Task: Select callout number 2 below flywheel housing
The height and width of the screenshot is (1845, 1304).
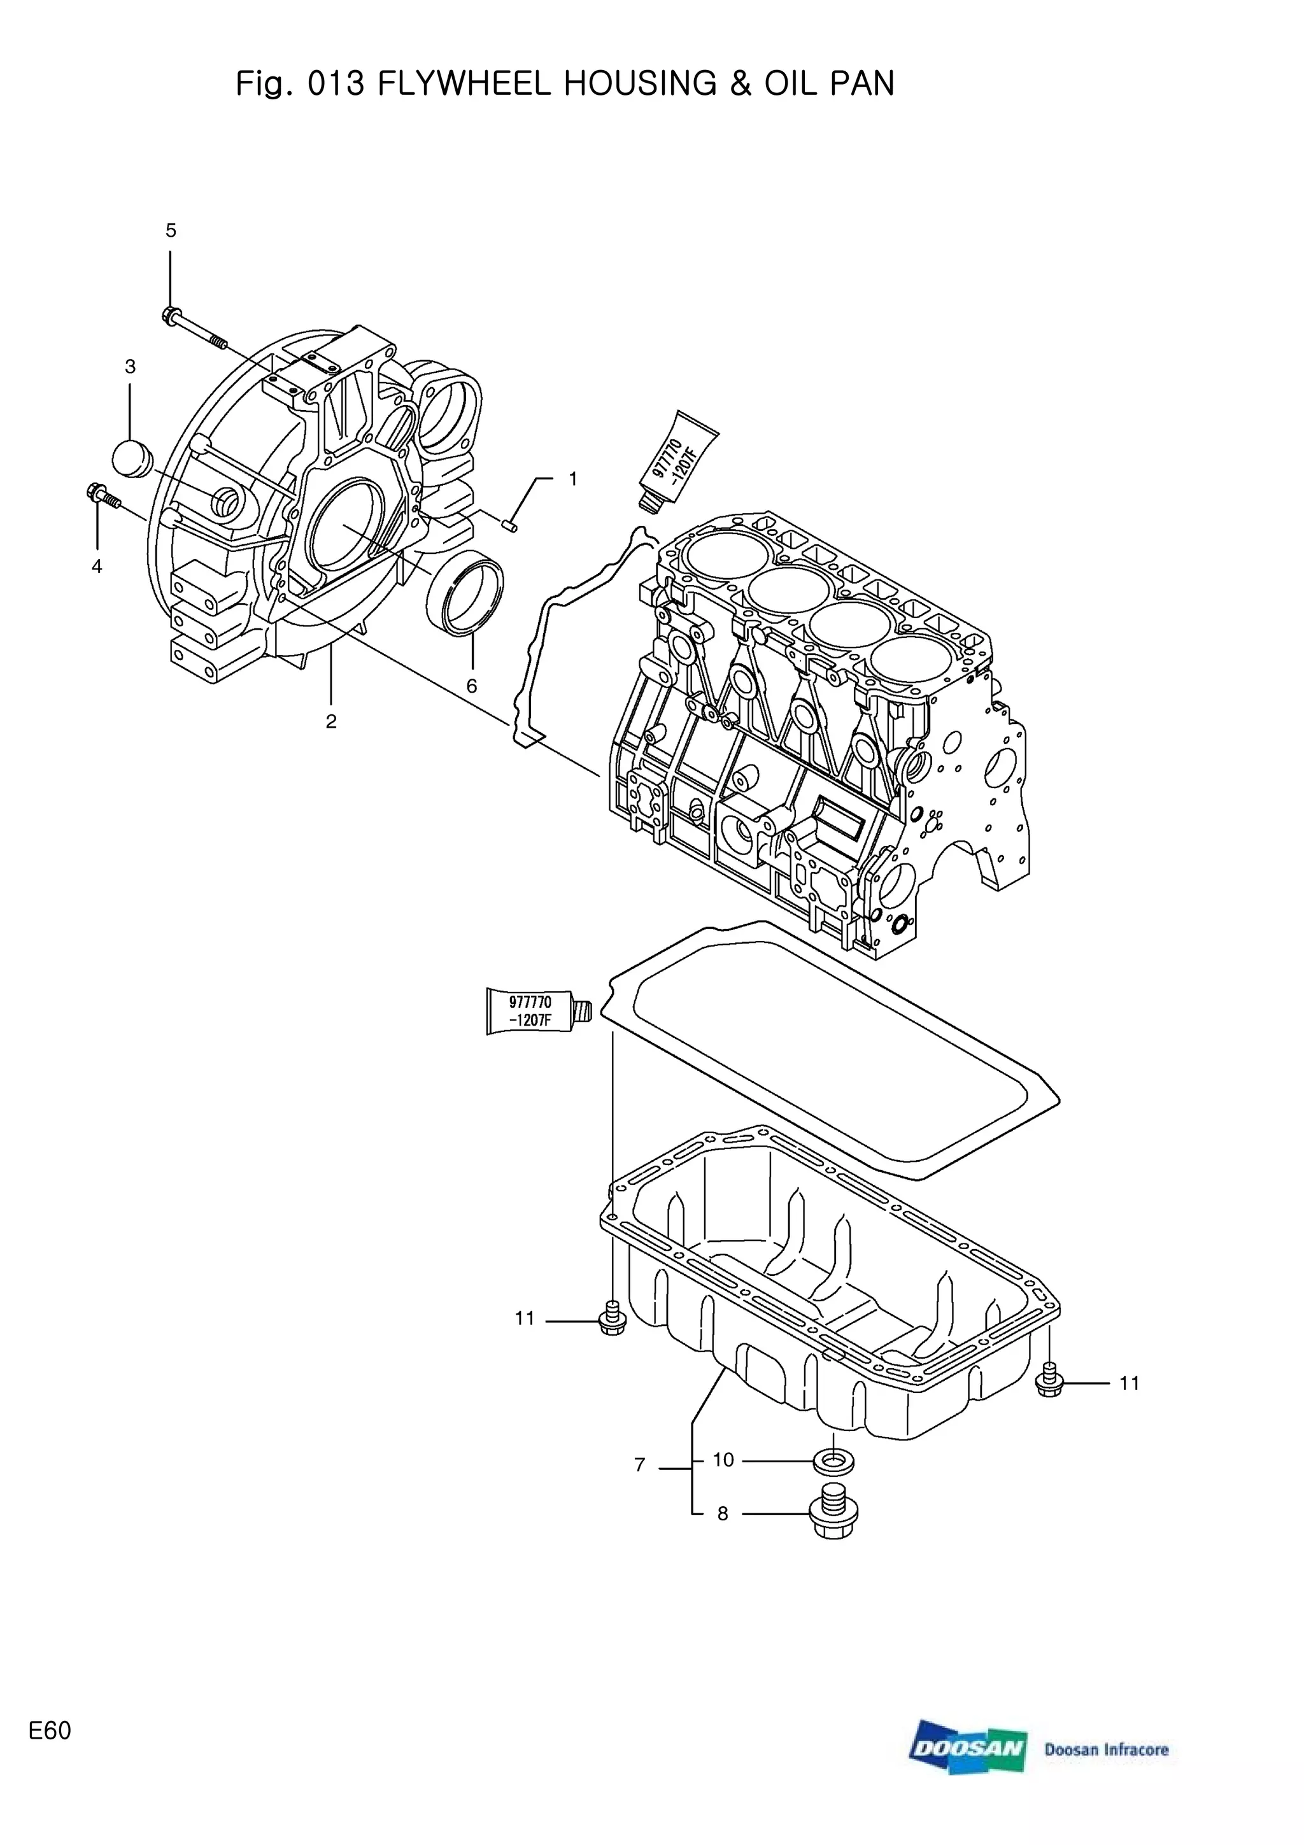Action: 331,721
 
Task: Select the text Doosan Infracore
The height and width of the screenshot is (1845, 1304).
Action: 1107,1750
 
